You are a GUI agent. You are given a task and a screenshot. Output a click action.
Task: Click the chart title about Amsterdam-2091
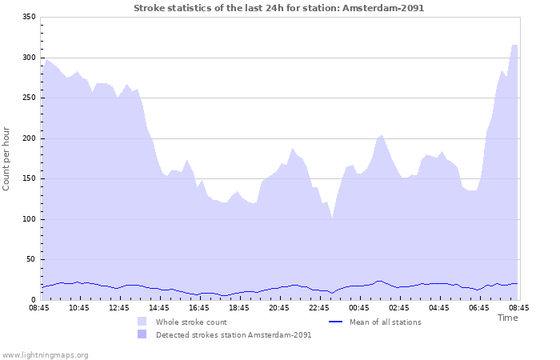tap(279, 8)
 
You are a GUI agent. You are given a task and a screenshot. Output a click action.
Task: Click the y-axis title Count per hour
tap(7, 158)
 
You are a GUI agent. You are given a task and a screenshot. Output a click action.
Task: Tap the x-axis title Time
tap(507, 318)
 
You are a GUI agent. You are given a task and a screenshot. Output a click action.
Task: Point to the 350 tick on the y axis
tap(29, 17)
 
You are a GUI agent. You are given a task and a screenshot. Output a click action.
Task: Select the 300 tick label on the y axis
tap(29, 58)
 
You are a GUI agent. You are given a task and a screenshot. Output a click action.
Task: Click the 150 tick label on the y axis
tap(29, 178)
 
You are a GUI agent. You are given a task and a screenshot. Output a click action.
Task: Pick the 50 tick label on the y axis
tap(31, 259)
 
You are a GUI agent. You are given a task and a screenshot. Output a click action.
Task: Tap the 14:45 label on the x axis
tap(159, 307)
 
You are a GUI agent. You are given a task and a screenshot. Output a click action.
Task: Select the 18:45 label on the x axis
tap(239, 307)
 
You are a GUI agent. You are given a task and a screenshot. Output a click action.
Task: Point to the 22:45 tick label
tap(319, 307)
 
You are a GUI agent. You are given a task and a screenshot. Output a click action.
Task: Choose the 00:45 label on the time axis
tap(359, 307)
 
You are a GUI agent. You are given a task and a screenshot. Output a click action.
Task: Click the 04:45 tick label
tap(439, 307)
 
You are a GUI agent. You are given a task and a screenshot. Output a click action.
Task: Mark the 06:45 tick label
tap(479, 307)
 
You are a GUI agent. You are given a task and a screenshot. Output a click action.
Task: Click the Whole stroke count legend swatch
tap(142, 322)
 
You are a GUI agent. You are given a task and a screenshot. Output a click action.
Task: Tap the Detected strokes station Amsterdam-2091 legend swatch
tap(142, 334)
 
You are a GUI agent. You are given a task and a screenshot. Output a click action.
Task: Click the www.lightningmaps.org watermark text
tap(45, 354)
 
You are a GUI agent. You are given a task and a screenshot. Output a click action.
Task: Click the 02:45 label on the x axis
tap(399, 307)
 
